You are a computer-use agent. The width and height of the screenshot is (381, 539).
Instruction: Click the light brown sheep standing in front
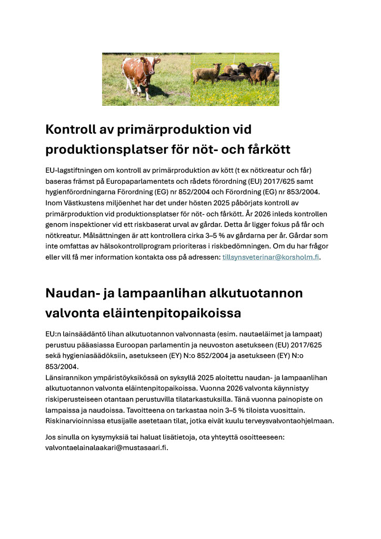coord(206,73)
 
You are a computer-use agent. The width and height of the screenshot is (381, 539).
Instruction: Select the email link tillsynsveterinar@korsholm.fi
coord(270,257)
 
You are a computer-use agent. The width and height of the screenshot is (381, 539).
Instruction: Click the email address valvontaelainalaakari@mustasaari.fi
coord(106,447)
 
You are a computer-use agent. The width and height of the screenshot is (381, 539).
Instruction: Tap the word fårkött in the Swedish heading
coord(268,149)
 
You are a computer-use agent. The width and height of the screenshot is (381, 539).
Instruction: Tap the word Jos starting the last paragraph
coord(51,437)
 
